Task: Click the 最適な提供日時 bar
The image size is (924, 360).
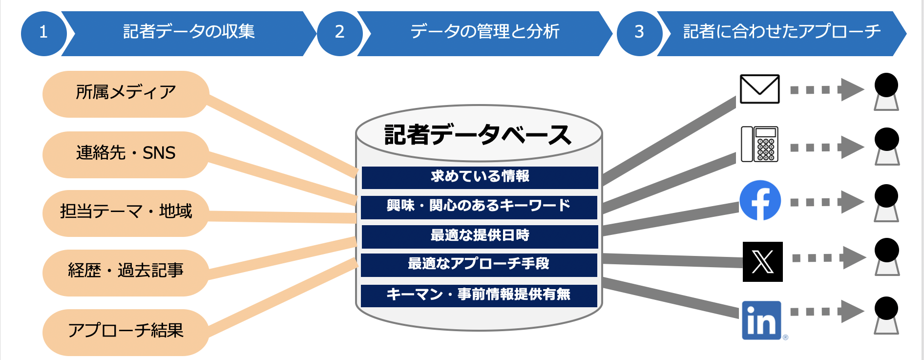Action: click(480, 236)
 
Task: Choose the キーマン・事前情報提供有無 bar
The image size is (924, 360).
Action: click(479, 295)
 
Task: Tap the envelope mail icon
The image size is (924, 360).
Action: click(759, 89)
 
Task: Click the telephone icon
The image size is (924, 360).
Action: click(759, 144)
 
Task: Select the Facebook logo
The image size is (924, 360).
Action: click(760, 200)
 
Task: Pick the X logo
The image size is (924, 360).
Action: click(762, 262)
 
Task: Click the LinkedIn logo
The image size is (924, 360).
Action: click(761, 320)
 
